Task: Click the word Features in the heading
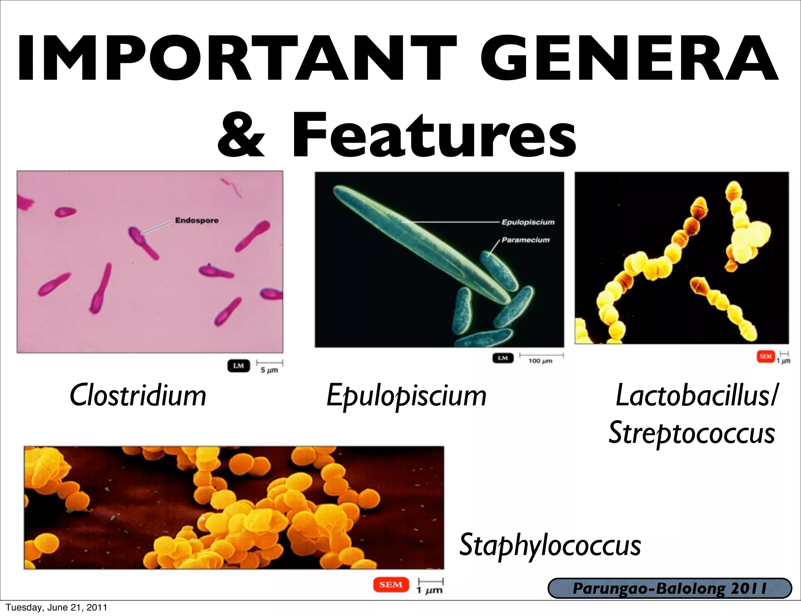pos(434,135)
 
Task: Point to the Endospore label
pos(197,220)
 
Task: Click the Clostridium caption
pos(138,396)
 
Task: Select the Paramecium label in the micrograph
pos(525,240)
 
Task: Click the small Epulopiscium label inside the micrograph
pos(528,222)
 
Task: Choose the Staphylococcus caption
pos(550,545)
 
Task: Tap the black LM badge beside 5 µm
pos(239,366)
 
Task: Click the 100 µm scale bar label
pos(541,361)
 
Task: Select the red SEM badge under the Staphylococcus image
pos(391,585)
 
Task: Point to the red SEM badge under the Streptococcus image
pos(765,356)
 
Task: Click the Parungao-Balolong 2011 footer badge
pos(670,588)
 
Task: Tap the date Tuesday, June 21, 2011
pos(56,607)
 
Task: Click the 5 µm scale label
pos(269,370)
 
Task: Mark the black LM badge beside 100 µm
pos(503,358)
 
